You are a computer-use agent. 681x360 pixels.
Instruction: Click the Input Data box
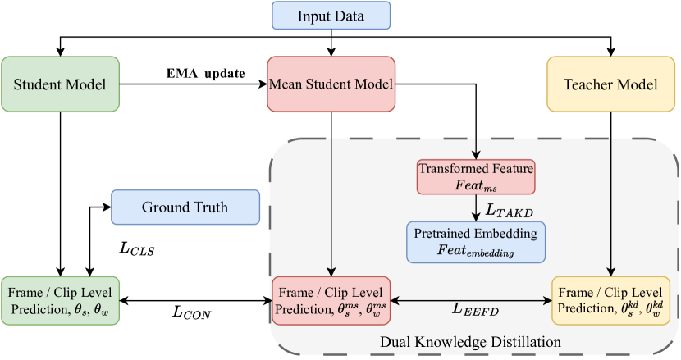331,16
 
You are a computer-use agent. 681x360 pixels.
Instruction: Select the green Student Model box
60,84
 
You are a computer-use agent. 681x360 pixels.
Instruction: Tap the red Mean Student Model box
331,84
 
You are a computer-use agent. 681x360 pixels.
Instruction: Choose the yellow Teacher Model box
610,84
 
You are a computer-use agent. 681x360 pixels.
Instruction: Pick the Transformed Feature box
476,176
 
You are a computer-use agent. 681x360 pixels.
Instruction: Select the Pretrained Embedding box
476,242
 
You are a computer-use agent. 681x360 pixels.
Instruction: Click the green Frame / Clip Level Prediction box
60,300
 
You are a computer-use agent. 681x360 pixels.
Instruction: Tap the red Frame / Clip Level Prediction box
331,301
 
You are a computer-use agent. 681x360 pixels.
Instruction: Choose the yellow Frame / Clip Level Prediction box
611,301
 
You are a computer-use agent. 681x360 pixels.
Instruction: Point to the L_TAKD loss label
510,210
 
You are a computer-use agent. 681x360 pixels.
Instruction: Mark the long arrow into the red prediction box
331,205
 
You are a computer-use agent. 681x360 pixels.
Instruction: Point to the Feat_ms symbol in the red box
476,185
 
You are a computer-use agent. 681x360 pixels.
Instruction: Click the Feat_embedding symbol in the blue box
476,251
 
